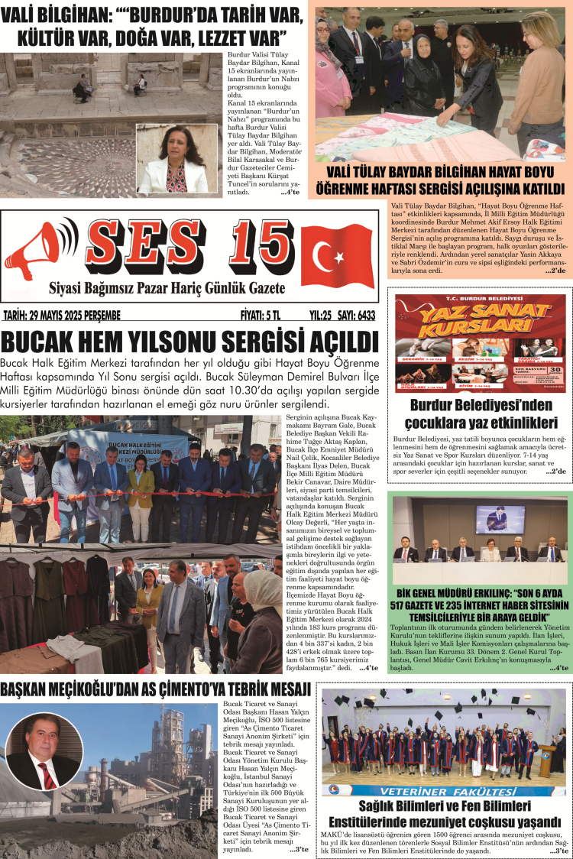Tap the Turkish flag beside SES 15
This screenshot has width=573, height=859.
(336, 254)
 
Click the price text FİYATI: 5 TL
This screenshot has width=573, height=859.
(261, 314)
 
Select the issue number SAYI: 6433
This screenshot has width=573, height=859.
(356, 314)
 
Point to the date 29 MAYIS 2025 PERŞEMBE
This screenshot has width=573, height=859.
(63, 314)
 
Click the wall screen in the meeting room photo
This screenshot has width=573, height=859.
(500, 520)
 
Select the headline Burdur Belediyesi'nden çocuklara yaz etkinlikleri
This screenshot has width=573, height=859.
(480, 413)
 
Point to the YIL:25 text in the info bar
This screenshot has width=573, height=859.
(319, 314)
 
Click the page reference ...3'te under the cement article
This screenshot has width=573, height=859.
(299, 849)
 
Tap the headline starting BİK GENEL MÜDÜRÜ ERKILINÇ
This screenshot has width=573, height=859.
(479, 604)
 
